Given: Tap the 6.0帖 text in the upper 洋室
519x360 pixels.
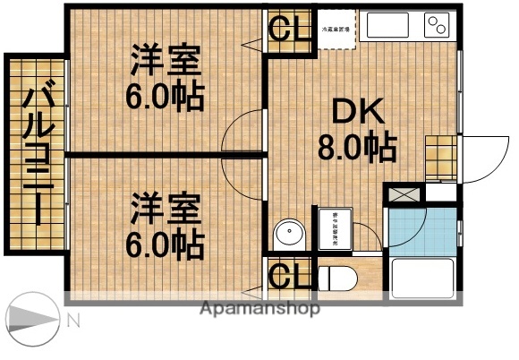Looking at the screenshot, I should pos(165,94).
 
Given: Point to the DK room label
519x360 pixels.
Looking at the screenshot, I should pos(358,113).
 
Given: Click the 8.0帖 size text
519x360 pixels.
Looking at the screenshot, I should pos(358,148).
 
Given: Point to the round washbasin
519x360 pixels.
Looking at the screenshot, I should pos(289,235).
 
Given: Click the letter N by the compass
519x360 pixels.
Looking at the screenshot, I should pos(75,320).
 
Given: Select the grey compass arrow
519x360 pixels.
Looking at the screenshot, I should pos(32,320).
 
